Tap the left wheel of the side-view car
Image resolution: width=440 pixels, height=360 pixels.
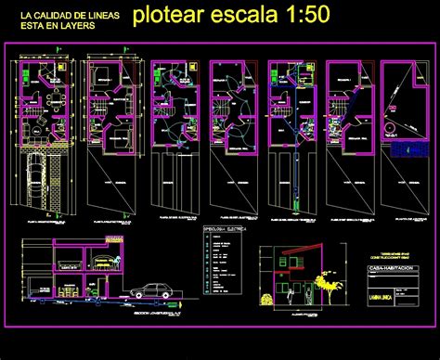tap(138, 294)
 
